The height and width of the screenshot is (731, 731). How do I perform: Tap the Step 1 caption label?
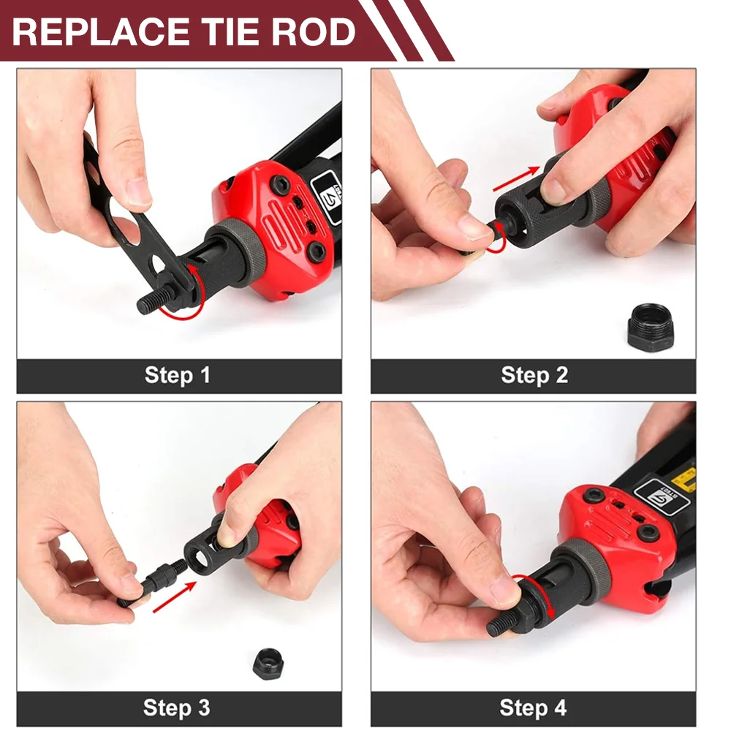pyautogui.click(x=178, y=375)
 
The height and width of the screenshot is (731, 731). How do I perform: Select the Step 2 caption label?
pyautogui.click(x=534, y=375)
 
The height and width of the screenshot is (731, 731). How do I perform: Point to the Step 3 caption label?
pyautogui.click(x=178, y=708)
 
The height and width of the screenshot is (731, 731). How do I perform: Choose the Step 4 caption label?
pyautogui.click(x=533, y=708)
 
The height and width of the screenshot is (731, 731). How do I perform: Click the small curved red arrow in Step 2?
pyautogui.click(x=497, y=241)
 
